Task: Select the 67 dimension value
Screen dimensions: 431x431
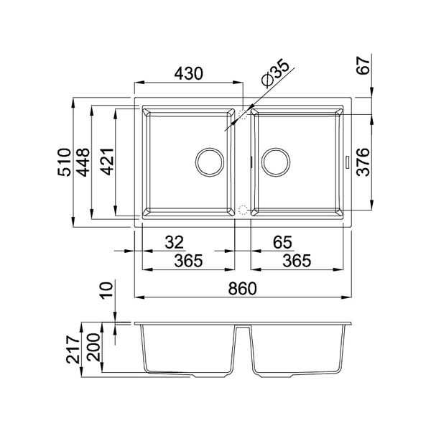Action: [365, 66]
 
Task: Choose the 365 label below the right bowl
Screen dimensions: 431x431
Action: [296, 261]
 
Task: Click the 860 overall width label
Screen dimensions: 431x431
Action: [244, 287]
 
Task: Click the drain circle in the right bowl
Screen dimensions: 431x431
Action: [274, 162]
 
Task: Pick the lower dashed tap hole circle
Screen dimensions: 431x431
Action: [243, 210]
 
